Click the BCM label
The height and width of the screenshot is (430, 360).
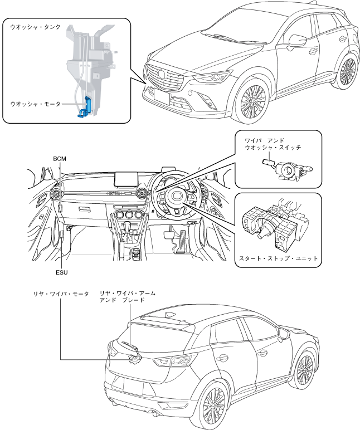click(x=59, y=158)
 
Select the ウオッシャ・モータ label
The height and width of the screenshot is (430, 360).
click(x=36, y=104)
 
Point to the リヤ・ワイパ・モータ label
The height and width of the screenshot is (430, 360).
click(x=61, y=293)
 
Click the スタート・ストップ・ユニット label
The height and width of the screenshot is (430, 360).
click(x=278, y=258)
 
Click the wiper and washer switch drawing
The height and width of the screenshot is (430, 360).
click(x=286, y=168)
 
